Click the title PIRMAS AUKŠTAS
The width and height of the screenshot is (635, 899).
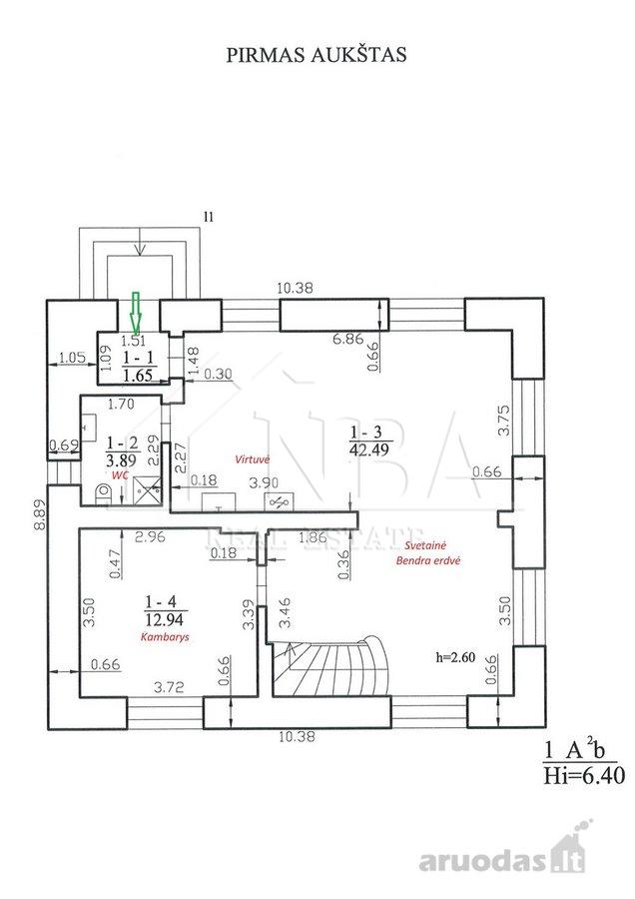(x=317, y=54)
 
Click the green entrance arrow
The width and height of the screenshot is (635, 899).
(x=135, y=313)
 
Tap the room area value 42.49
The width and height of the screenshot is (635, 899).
(x=368, y=449)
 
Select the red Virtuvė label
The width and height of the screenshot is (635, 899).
(x=253, y=459)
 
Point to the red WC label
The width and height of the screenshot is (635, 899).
(x=120, y=475)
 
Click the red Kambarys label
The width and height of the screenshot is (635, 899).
(x=165, y=637)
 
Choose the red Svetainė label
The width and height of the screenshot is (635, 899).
(x=425, y=545)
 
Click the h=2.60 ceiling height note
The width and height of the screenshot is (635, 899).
(x=455, y=657)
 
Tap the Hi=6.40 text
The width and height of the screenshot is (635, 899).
(x=584, y=776)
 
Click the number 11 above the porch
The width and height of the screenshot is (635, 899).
(x=209, y=217)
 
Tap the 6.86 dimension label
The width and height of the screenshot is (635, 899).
(x=348, y=339)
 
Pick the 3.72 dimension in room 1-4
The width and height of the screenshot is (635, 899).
(x=169, y=686)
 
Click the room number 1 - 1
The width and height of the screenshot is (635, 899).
(x=138, y=358)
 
